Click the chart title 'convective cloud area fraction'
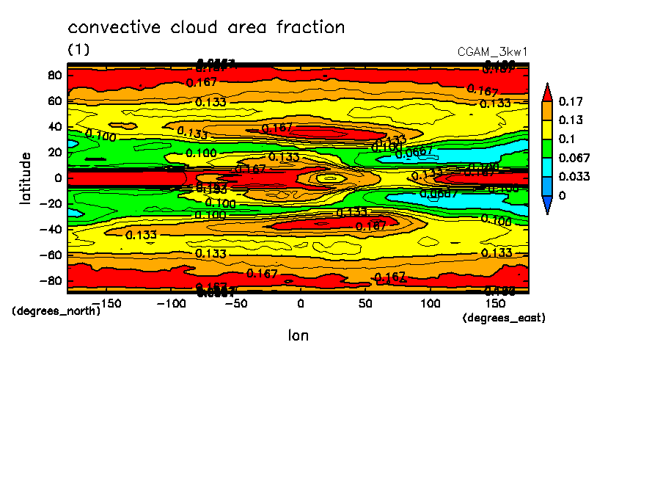206,28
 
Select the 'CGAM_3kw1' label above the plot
492,52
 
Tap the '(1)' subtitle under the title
78,49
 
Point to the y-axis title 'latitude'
26,178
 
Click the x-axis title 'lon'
298,335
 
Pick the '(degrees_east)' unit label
504,318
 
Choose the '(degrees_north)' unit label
56,310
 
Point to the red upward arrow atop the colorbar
547,92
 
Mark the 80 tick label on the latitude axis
53,75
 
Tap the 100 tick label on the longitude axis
430,303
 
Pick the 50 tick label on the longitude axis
365,303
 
